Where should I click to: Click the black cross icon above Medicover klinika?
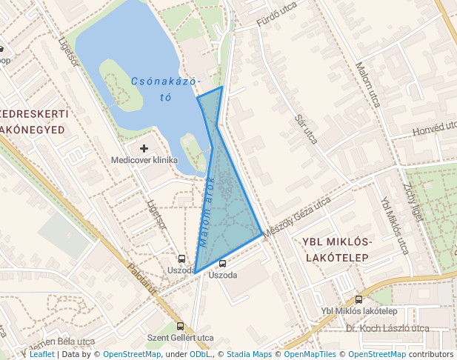pyautogui.click(x=144, y=149)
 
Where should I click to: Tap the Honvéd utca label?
pyautogui.click(x=433, y=129)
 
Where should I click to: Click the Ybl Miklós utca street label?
pyautogui.click(x=394, y=224)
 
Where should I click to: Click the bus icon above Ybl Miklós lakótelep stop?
pyautogui.click(x=359, y=300)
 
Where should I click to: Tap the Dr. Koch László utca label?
pyautogui.click(x=387, y=328)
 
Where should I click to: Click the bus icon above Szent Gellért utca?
pyautogui.click(x=181, y=326)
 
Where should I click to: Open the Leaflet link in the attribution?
pyautogui.click(x=41, y=354)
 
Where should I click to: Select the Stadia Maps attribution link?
pyautogui.click(x=249, y=354)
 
